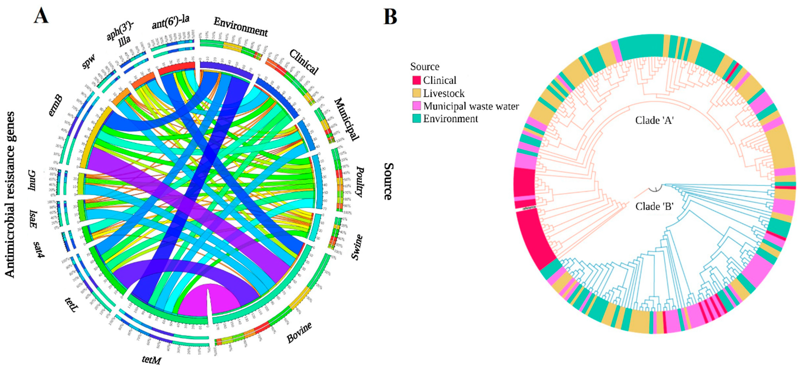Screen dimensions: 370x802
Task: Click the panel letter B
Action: [x=390, y=17]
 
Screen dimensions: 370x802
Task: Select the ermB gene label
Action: [x=55, y=106]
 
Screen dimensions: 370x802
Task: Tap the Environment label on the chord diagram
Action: [x=241, y=27]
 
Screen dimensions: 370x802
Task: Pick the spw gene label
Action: [x=89, y=61]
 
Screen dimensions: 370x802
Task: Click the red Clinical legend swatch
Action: [x=416, y=80]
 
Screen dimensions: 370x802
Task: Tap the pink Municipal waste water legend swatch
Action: [x=416, y=106]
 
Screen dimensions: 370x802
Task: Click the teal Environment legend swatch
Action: [x=416, y=118]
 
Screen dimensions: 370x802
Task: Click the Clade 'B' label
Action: [x=654, y=206]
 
